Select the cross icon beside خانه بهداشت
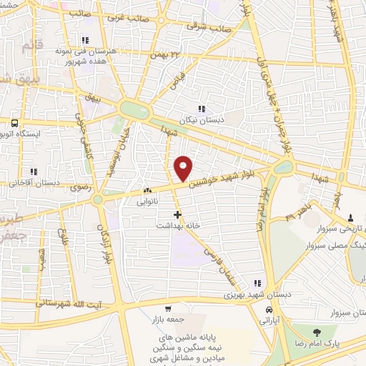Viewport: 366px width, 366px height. click(177, 214)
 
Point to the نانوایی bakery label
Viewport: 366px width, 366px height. click(147, 202)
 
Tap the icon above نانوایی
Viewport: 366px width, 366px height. click(147, 191)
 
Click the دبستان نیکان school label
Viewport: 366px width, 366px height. click(202, 120)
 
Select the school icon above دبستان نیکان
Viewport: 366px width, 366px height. click(202, 109)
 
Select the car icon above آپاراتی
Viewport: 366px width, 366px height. click(267, 311)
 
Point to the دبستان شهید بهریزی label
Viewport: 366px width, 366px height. click(249, 294)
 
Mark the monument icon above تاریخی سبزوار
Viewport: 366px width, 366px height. click(350, 218)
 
